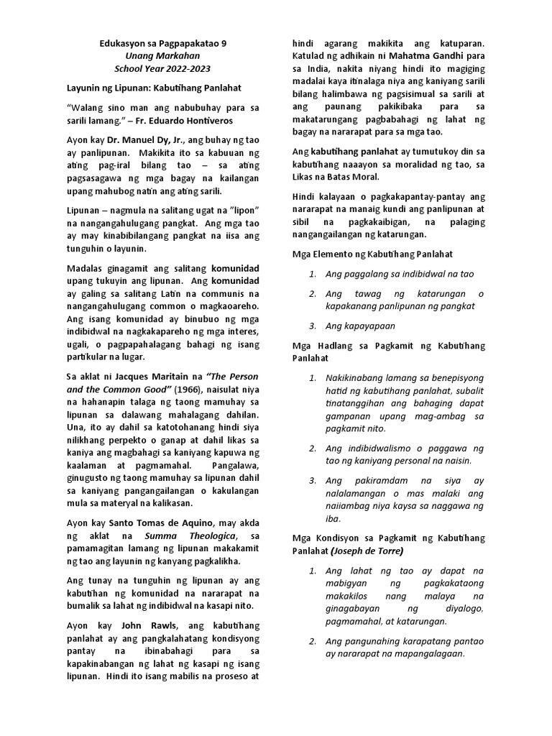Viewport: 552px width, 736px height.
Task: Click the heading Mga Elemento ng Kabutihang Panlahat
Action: coord(372,254)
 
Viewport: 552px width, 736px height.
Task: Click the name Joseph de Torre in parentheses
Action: coord(368,551)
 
